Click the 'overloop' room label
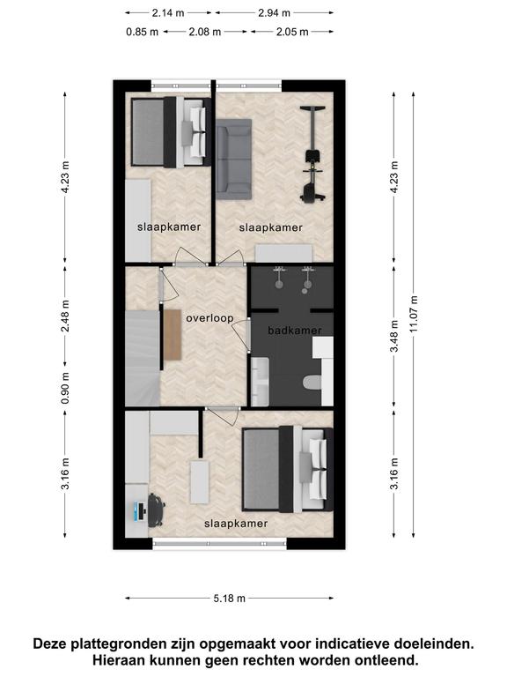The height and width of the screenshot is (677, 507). tap(209, 318)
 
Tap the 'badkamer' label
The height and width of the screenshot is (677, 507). tap(295, 331)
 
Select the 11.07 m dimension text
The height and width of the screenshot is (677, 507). tap(414, 314)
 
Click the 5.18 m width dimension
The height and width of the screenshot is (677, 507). tap(230, 599)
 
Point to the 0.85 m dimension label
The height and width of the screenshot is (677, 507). tap(143, 32)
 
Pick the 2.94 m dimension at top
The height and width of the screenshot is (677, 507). tap(275, 13)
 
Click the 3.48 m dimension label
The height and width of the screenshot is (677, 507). tap(394, 336)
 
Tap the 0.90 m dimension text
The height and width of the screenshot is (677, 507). tap(65, 388)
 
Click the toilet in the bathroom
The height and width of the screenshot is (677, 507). tap(312, 382)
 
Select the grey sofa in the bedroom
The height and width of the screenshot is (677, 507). tap(233, 160)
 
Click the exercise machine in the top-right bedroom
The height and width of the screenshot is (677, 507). tap(312, 154)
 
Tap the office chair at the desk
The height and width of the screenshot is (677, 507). tap(156, 510)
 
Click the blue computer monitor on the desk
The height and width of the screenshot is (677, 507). tap(139, 511)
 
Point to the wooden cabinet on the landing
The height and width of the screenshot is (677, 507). tap(173, 335)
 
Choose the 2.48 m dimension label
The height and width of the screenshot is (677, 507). tap(65, 316)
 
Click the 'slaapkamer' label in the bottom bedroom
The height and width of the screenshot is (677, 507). tap(236, 524)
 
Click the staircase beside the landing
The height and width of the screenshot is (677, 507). tap(143, 358)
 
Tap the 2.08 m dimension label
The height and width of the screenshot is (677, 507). tap(205, 32)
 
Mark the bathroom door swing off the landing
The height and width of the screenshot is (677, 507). tap(240, 334)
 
